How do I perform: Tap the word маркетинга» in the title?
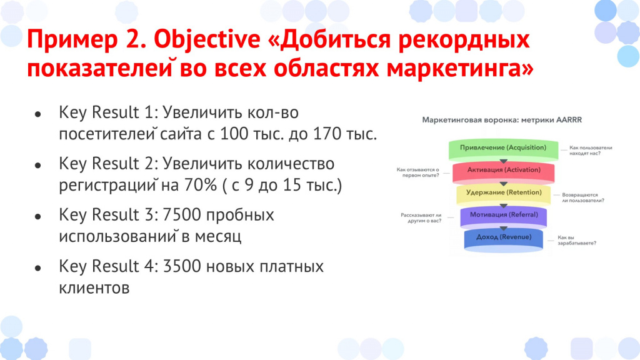coord(460,67)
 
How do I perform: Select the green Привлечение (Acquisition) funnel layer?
coord(503,149)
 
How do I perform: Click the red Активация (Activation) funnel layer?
coord(504,171)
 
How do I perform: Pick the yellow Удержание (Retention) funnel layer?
coord(504,194)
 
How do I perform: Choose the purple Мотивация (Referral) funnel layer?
coord(504,216)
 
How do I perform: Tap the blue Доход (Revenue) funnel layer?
coord(504,240)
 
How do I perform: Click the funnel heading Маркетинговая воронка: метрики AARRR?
coord(502,120)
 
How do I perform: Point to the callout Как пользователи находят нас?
coord(591,150)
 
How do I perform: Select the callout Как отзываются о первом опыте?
coord(418,172)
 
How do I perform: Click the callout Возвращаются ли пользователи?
coord(583,197)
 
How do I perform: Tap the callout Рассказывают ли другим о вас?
coord(421,218)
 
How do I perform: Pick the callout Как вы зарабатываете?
coord(577,240)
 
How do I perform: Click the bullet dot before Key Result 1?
coord(38,114)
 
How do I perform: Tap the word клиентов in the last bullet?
coord(94,287)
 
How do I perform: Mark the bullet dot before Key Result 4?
coord(38,268)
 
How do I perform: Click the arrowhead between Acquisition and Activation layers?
coord(504,162)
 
